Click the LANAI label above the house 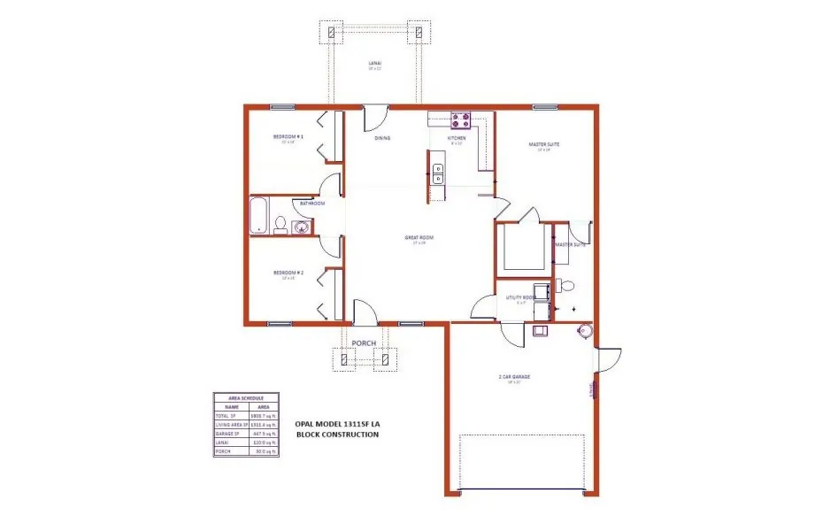pos(374,63)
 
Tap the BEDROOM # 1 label pos(288,136)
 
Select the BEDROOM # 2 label pos(288,273)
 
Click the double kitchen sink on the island pos(438,173)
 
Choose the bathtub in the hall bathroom pos(258,217)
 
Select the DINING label pos(383,138)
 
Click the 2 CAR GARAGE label pos(514,377)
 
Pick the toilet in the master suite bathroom pos(566,285)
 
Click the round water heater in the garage pos(583,331)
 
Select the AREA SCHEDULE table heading pos(245,398)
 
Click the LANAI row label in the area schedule pos(221,442)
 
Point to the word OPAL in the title pos(306,424)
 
